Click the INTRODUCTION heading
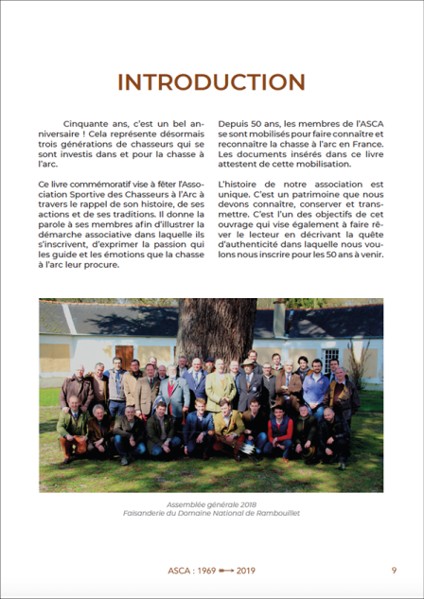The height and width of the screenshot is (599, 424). [211, 81]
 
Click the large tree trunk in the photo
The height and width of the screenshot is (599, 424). [216, 331]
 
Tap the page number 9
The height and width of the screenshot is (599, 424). [394, 570]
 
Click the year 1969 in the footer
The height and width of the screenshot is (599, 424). [205, 571]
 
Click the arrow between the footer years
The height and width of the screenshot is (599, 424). [228, 571]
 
